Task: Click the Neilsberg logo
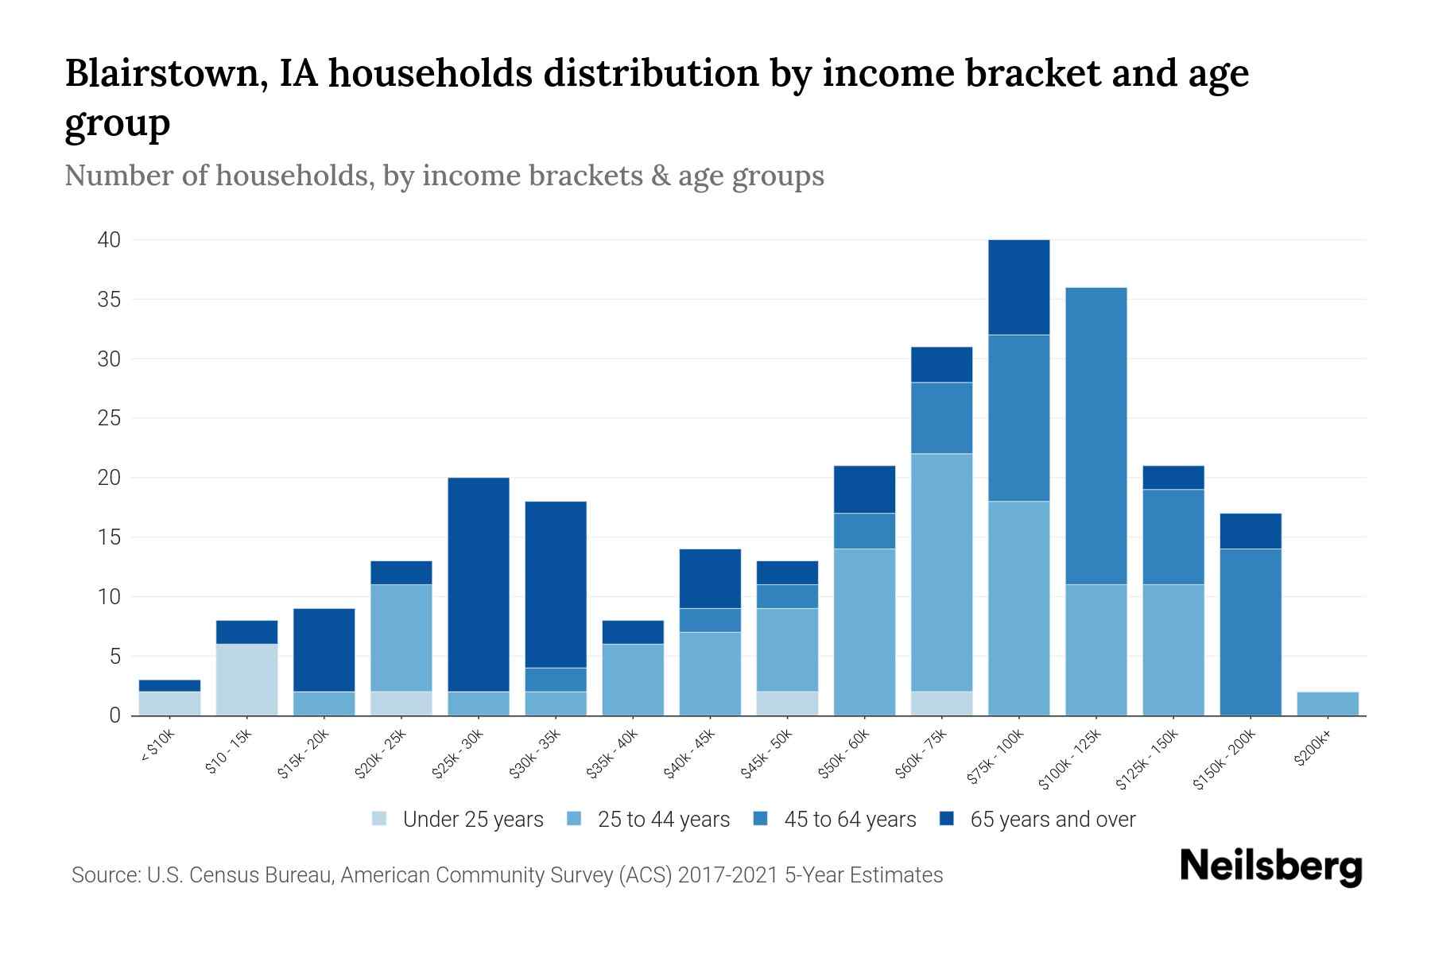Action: [1270, 867]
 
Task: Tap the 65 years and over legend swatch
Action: [947, 819]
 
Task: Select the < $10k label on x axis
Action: [157, 747]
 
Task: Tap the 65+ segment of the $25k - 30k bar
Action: [479, 584]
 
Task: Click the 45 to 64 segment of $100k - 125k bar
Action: [1096, 436]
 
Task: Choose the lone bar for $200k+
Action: [1327, 704]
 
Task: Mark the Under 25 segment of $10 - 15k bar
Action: [246, 680]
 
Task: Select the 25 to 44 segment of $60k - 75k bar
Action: [941, 572]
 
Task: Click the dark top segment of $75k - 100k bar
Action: [1018, 287]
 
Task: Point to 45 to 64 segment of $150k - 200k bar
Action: [1250, 632]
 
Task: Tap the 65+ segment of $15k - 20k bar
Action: [324, 650]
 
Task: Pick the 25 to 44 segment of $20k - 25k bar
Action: [401, 638]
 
